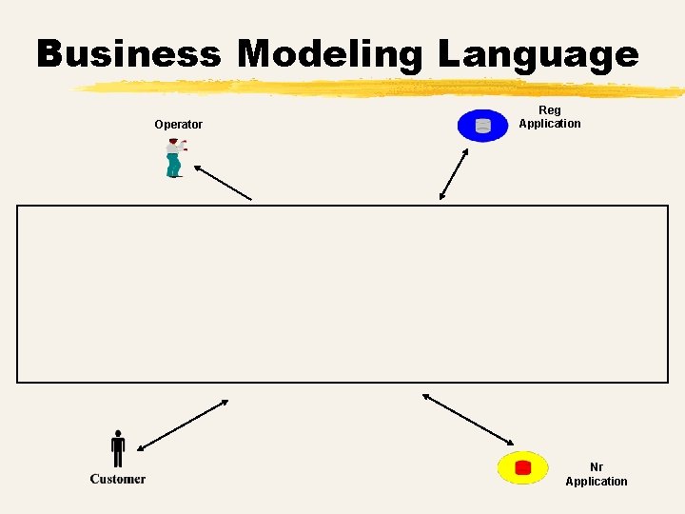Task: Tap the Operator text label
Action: click(x=179, y=125)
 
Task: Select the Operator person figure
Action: click(x=174, y=158)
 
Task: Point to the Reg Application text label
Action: click(x=550, y=117)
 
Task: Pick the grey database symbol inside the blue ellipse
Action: click(x=483, y=126)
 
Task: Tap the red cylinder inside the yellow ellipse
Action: click(x=522, y=467)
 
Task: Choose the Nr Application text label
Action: click(x=597, y=474)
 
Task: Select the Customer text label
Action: click(x=118, y=479)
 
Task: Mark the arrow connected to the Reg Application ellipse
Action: click(x=454, y=173)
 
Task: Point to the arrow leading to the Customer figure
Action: click(x=183, y=425)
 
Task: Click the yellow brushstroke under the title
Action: click(x=381, y=89)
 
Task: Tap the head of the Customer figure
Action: click(x=118, y=433)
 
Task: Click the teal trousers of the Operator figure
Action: click(x=173, y=166)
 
